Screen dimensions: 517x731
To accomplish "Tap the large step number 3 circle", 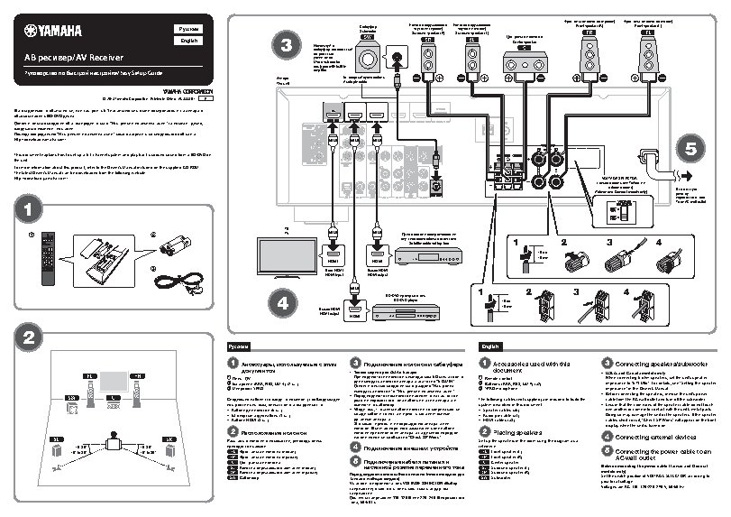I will (x=284, y=44).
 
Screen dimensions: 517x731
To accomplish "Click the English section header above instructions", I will (x=491, y=346).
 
